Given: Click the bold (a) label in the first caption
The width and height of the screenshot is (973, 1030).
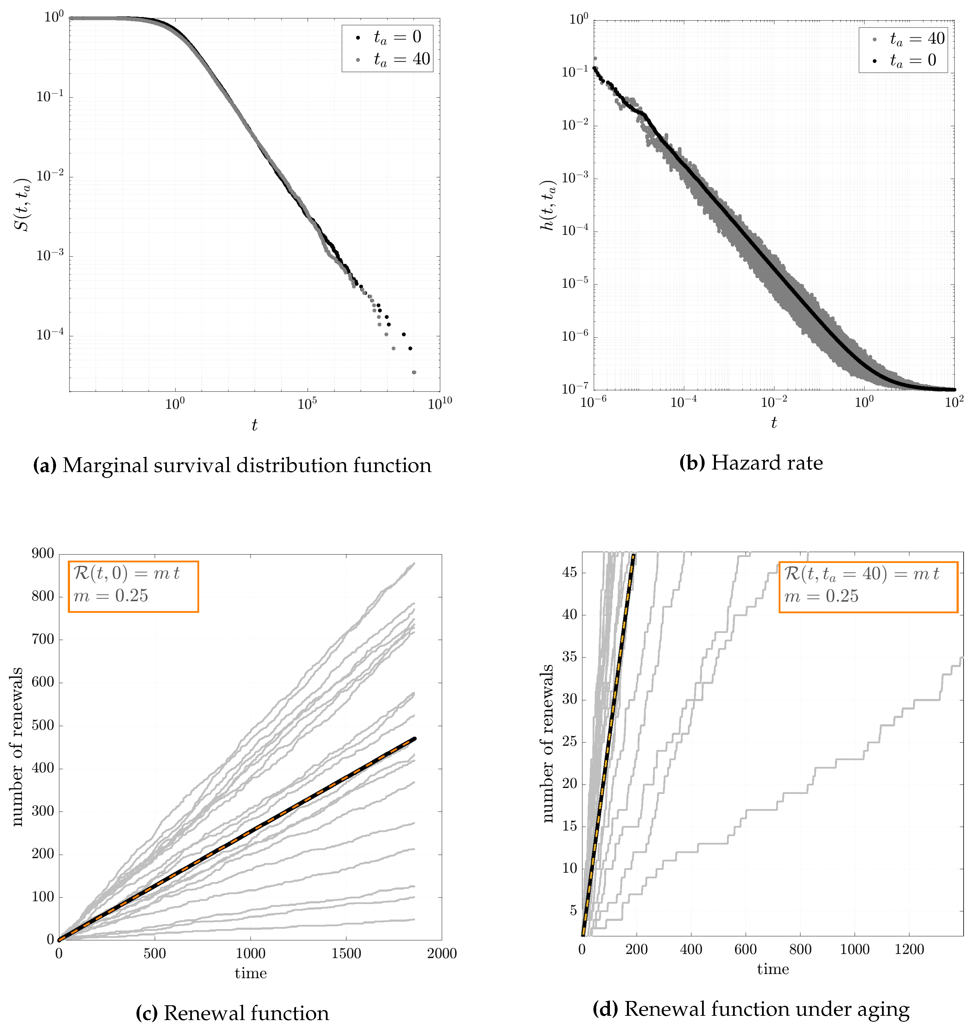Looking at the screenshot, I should (x=45, y=465).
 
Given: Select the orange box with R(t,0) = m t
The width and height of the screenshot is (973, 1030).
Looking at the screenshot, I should (x=133, y=587).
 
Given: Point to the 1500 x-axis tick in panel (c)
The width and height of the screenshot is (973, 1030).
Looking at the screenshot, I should (x=346, y=953).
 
